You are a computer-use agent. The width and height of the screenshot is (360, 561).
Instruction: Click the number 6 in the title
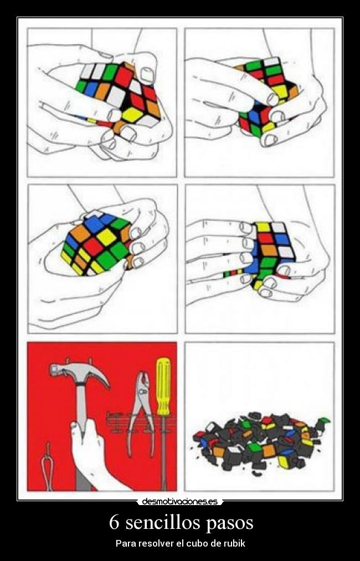click(114, 522)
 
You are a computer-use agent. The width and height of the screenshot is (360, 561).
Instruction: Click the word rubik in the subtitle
click(235, 543)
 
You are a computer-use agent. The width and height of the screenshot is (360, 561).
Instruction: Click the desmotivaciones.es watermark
click(179, 502)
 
